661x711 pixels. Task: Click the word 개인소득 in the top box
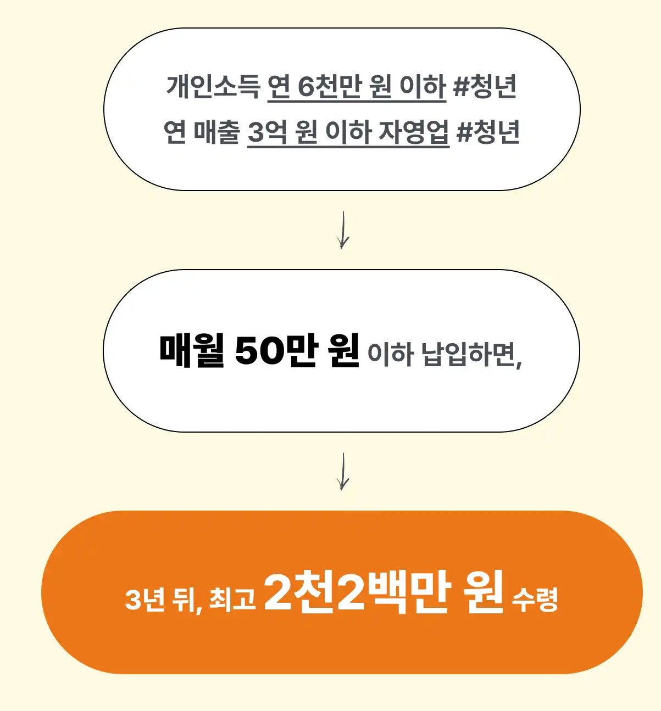[x=213, y=87]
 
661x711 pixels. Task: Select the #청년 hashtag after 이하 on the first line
[x=485, y=87]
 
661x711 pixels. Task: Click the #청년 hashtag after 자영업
[x=488, y=132]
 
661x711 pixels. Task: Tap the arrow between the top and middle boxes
[x=343, y=230]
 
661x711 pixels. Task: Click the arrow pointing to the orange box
[x=343, y=472]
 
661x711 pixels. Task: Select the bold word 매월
[x=192, y=350]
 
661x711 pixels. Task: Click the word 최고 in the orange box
[x=232, y=599]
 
